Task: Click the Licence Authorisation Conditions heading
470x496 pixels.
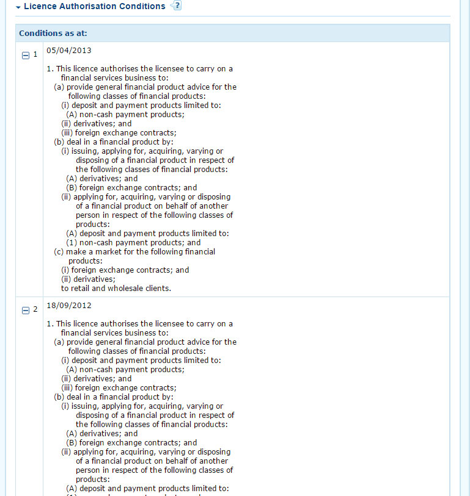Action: [x=94, y=6]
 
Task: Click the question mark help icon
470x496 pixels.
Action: [x=177, y=6]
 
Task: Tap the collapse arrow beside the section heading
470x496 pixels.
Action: [x=18, y=7]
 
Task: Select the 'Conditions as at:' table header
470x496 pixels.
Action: [x=57, y=33]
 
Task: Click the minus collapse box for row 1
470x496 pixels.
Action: [x=26, y=55]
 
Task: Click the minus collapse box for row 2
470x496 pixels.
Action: [x=26, y=310]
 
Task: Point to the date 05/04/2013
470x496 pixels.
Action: [x=69, y=50]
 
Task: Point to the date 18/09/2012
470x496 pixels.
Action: [x=69, y=305]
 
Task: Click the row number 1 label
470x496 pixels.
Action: [x=35, y=54]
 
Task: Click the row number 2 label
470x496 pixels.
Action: [x=35, y=309]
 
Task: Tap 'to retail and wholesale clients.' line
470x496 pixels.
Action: [x=116, y=288]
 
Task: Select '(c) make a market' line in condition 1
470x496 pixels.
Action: [x=134, y=251]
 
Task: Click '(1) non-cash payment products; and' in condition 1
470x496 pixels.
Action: [x=133, y=242]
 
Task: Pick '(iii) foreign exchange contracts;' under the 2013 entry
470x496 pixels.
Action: [x=119, y=132]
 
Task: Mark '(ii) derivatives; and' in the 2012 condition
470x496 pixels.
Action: [x=96, y=378]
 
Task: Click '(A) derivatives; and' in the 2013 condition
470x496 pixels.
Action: [x=102, y=178]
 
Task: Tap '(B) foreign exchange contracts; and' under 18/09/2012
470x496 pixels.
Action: [x=131, y=442]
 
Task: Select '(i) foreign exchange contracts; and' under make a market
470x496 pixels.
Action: [x=125, y=270]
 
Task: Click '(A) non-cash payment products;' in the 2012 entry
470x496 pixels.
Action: [x=125, y=369]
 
